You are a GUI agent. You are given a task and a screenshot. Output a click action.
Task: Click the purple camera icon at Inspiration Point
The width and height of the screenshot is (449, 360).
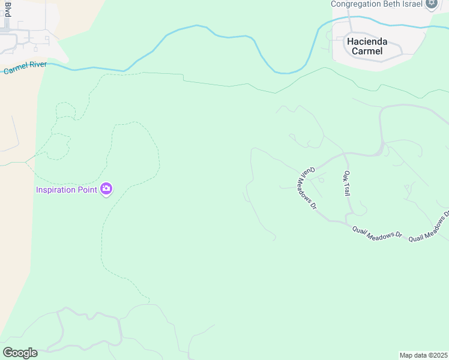pos(106,189)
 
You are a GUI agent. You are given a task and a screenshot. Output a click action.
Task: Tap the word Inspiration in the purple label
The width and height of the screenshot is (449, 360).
pos(58,190)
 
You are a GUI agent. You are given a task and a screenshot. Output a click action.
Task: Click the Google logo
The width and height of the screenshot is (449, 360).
pos(19,353)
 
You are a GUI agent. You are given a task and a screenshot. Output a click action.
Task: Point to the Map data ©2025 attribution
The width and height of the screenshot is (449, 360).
pos(423,355)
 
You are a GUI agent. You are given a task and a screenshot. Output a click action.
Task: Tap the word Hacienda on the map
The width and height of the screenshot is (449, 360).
pos(367,41)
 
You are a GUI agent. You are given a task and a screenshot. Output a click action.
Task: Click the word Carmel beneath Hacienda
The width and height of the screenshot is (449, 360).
pos(367,51)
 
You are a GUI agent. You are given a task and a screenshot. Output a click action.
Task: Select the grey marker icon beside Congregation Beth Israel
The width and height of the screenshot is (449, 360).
pos(431,3)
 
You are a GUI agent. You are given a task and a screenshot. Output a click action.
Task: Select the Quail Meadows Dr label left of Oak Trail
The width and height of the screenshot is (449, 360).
pos(307,188)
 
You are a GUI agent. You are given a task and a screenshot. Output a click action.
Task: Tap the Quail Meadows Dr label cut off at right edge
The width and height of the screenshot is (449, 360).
pos(429,227)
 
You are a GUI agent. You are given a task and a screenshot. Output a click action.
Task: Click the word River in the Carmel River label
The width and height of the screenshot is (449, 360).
pos(35,66)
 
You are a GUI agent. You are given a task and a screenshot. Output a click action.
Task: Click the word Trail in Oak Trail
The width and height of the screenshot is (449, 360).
pos(347,190)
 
